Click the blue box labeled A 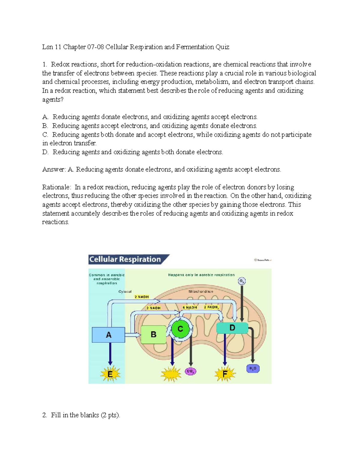coord(108,335)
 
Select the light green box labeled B coord(153,335)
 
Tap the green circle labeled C coord(180,329)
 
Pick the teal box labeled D coord(232,328)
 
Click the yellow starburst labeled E coord(110,374)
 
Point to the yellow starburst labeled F coord(225,374)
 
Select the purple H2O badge coord(253,368)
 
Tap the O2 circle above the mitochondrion coord(241,281)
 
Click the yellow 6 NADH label coord(190,308)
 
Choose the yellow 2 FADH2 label coord(211,307)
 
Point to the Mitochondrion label coord(201,291)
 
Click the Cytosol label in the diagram coord(125,291)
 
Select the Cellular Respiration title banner coord(125,259)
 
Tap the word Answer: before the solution coord(54,170)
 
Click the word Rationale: coord(57,187)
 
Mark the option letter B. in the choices coord(45,126)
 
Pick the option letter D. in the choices coord(45,152)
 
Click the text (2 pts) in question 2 coord(110,415)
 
